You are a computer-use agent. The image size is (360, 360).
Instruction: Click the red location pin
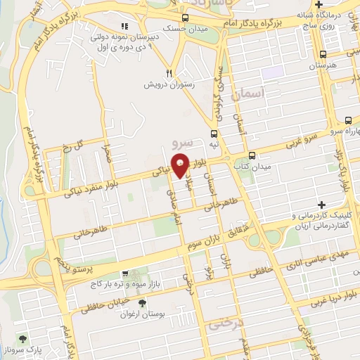tap(181, 165)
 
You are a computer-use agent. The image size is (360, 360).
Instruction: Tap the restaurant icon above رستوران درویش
tap(169, 72)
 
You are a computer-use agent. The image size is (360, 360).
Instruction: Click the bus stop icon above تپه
tap(214, 132)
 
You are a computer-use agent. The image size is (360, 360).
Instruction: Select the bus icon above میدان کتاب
tap(252, 155)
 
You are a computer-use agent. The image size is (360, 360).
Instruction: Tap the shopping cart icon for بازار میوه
tap(125, 274)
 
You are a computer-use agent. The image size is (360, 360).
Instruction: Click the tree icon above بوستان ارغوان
tap(143, 303)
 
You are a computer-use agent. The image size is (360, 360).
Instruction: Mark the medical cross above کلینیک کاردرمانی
tap(323, 204)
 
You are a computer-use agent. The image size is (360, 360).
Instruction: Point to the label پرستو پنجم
tap(64, 267)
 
